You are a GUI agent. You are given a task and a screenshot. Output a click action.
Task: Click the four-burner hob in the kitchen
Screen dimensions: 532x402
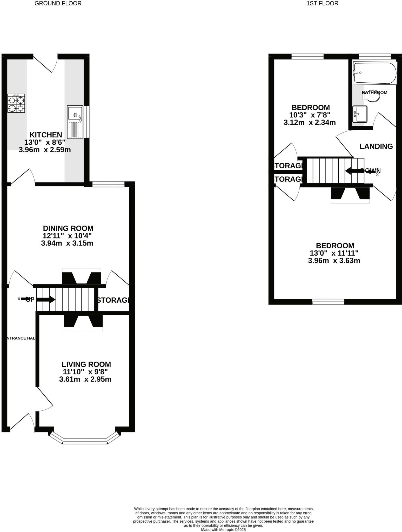[16, 103]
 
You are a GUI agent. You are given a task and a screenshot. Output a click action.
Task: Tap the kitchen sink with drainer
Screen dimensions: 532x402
[75, 122]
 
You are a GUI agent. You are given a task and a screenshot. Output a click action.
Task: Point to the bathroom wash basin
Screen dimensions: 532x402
[360, 114]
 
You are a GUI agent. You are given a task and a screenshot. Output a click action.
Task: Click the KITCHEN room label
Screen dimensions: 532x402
[46, 135]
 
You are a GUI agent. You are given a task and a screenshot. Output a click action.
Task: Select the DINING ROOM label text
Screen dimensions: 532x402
[68, 228]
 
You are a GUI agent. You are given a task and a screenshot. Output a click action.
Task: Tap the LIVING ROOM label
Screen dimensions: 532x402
[86, 364]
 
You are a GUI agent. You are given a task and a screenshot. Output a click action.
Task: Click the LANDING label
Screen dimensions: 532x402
[376, 147]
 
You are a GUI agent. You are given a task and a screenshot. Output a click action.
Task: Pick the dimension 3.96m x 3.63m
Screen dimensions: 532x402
[334, 261]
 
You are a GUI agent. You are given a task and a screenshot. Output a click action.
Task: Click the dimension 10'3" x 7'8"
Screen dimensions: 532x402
[310, 115]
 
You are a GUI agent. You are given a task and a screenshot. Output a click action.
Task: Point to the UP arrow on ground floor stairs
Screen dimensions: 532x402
[45, 300]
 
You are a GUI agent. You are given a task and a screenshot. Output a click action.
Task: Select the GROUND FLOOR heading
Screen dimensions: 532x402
[58, 3]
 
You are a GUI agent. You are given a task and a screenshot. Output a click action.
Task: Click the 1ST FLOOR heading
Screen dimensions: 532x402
[322, 3]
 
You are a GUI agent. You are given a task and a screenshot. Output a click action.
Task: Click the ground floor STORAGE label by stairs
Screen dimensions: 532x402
[113, 300]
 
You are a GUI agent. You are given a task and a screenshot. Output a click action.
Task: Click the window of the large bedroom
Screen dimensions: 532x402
[328, 302]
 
